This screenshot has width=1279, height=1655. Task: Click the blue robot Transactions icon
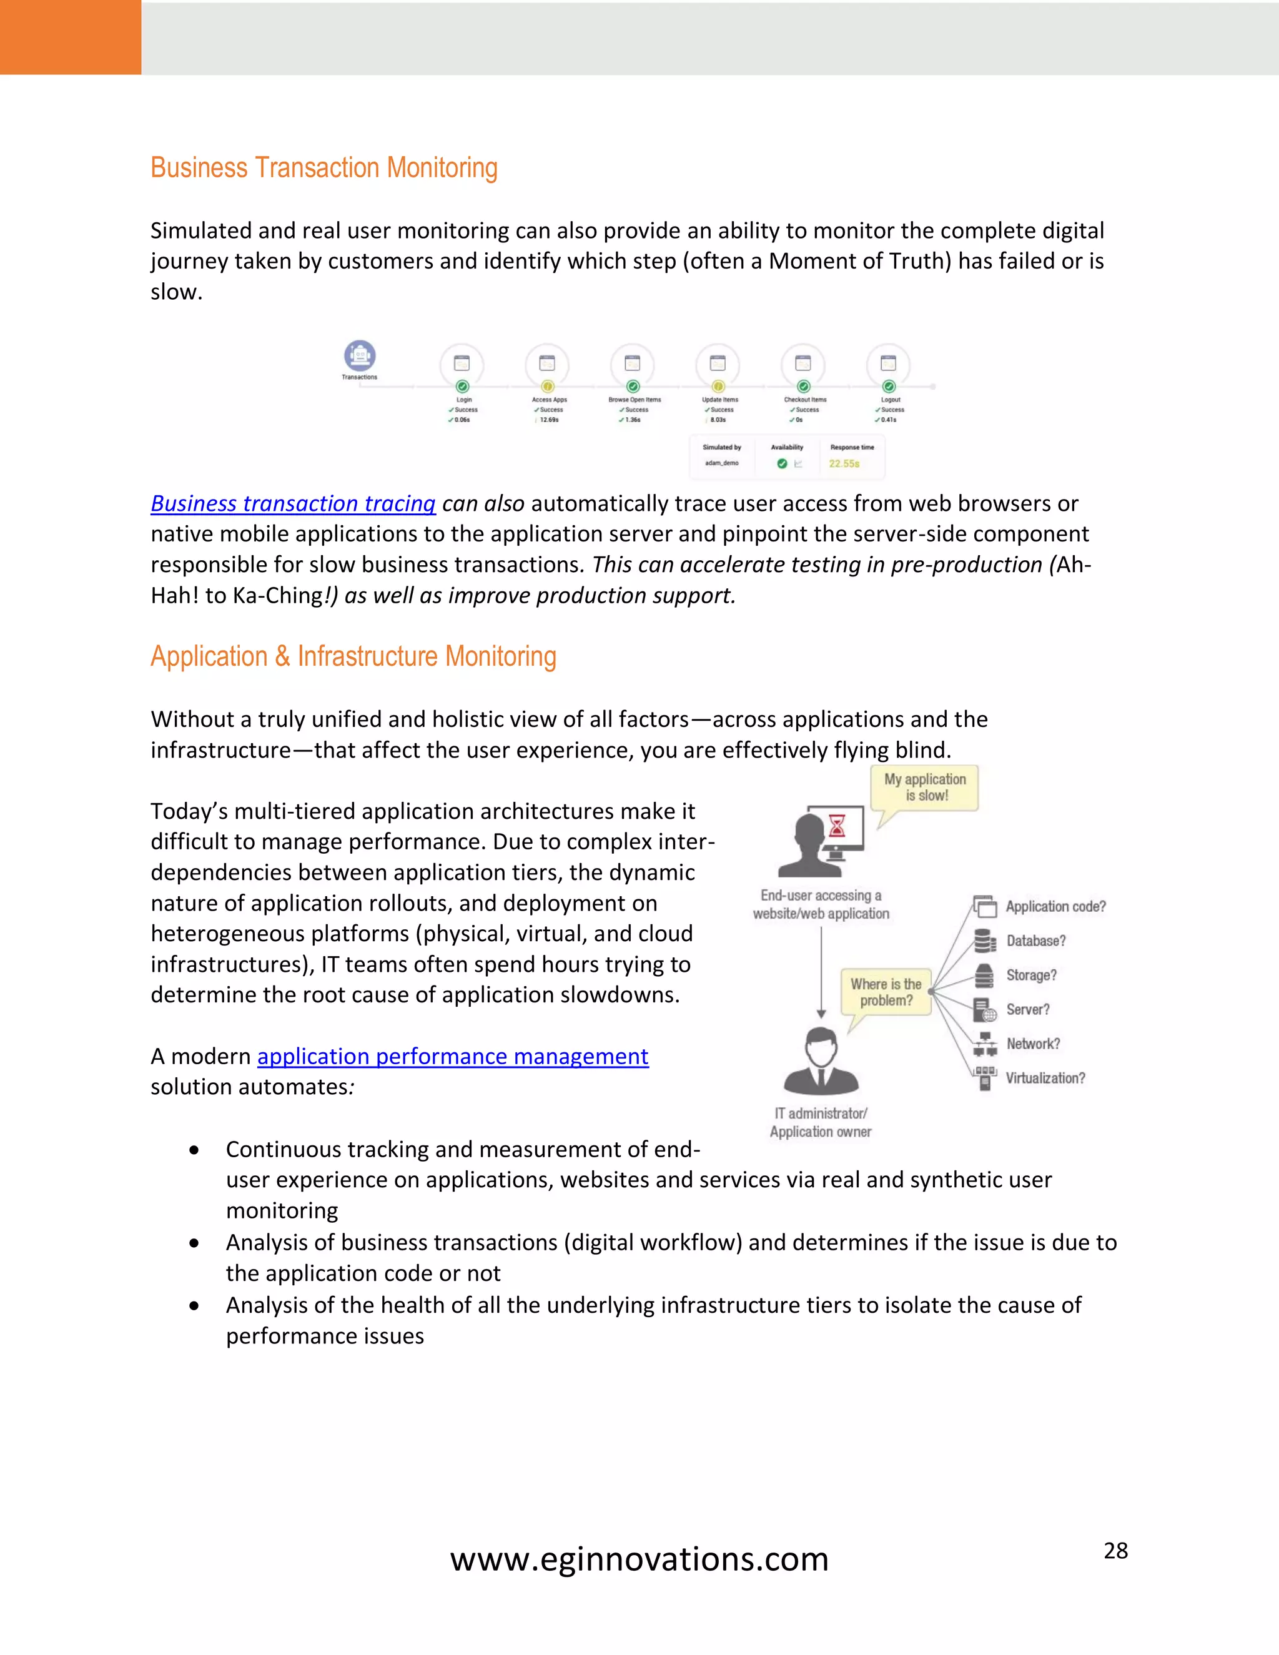coord(360,355)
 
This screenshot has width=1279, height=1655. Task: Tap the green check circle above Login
coord(462,387)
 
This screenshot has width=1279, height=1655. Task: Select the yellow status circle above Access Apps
coord(548,387)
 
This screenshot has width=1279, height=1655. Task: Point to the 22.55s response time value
coord(844,464)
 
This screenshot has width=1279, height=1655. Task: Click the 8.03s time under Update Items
coord(718,420)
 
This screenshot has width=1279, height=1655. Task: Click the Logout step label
coord(891,399)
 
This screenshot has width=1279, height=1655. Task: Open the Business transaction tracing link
coord(294,503)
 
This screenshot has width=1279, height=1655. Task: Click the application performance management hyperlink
coord(452,1055)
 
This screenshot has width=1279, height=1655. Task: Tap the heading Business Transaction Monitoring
coord(323,167)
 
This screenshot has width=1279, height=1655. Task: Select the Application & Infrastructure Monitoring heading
coord(353,656)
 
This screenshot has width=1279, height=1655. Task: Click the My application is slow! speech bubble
coord(924,788)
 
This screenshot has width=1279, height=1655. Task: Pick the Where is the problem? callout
coord(886,992)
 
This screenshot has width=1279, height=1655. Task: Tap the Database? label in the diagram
coord(1035,941)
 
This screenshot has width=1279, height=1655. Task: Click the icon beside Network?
coord(984,1044)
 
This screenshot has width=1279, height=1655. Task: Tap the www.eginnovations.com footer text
coord(639,1559)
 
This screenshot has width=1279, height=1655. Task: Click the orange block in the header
coord(71,37)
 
